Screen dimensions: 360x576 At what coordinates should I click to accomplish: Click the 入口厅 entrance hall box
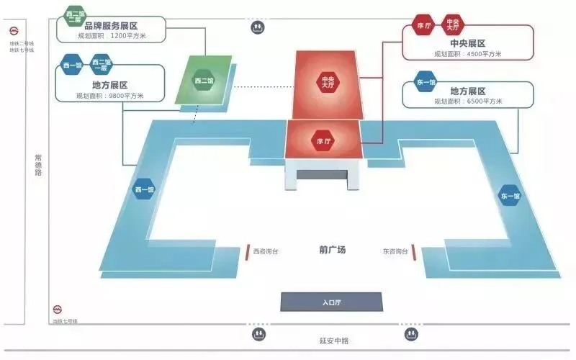pyautogui.click(x=330, y=302)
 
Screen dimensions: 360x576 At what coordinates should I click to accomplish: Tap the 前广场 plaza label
pyautogui.click(x=333, y=250)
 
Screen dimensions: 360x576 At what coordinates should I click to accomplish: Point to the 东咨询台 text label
pyautogui.click(x=395, y=251)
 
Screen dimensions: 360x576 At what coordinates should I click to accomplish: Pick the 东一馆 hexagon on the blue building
pyautogui.click(x=510, y=196)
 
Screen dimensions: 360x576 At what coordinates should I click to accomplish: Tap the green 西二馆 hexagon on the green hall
pyautogui.click(x=204, y=81)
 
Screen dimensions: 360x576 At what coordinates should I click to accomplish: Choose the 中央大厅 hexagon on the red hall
pyautogui.click(x=328, y=82)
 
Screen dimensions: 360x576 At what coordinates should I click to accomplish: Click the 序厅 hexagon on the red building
pyautogui.click(x=322, y=141)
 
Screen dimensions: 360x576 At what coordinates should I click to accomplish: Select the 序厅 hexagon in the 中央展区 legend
pyautogui.click(x=423, y=25)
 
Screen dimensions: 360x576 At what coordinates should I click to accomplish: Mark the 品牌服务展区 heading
pyautogui.click(x=111, y=25)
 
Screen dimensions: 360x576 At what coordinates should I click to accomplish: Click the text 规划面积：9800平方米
pyautogui.click(x=110, y=96)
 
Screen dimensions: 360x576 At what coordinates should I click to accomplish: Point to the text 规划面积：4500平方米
pyautogui.click(x=468, y=53)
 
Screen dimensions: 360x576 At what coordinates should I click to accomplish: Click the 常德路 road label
pyautogui.click(x=38, y=165)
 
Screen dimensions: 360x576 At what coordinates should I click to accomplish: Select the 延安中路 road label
pyautogui.click(x=333, y=341)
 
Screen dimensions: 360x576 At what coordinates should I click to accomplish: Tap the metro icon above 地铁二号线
pyautogui.click(x=14, y=31)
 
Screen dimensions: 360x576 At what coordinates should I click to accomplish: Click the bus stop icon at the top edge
pyautogui.click(x=258, y=27)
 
